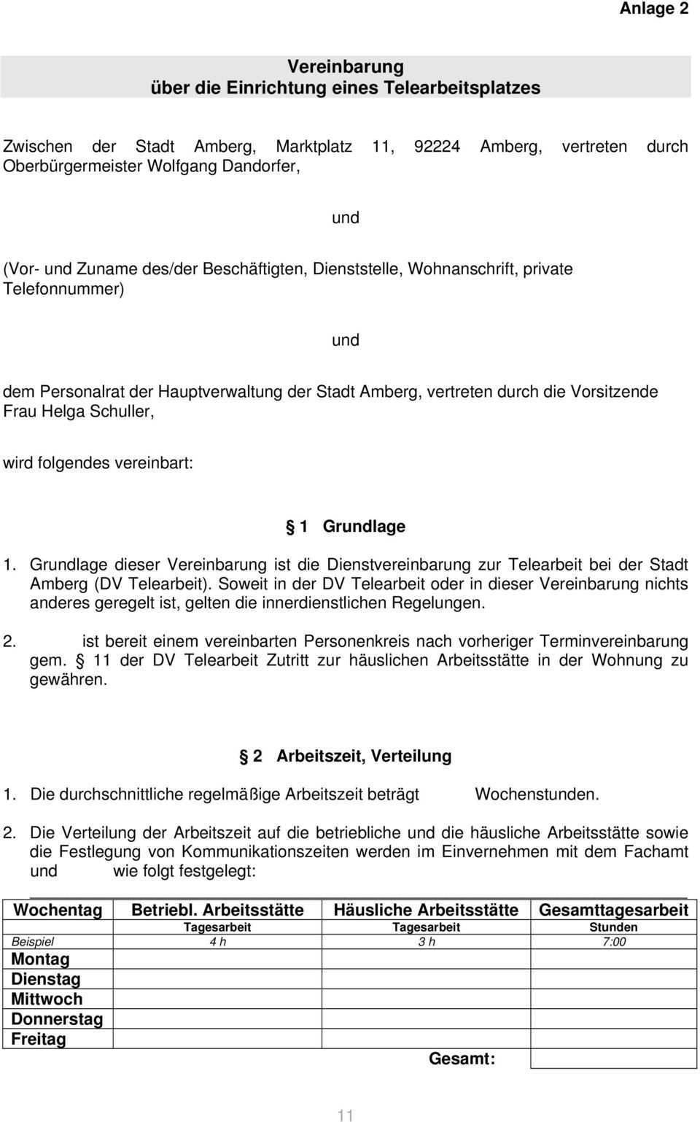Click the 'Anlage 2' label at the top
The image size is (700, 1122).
point(653,9)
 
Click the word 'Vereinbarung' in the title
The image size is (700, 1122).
point(345,66)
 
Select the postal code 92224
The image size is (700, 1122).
point(437,146)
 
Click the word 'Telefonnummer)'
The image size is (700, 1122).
point(63,288)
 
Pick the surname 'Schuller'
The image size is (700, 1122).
point(121,411)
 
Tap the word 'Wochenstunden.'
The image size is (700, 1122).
point(537,794)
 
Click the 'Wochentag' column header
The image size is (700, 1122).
point(58,910)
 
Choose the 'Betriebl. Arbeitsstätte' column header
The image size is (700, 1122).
point(217,910)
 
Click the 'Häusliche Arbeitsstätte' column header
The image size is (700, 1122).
point(426,910)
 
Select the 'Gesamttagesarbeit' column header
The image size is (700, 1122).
point(613,910)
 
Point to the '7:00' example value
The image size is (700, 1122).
point(614,942)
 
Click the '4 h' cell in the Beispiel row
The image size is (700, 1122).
point(217,942)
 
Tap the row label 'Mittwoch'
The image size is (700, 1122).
point(47,999)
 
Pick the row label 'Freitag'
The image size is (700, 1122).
point(39,1039)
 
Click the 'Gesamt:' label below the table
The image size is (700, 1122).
point(462,1059)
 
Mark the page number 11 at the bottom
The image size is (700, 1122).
point(346,1114)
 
